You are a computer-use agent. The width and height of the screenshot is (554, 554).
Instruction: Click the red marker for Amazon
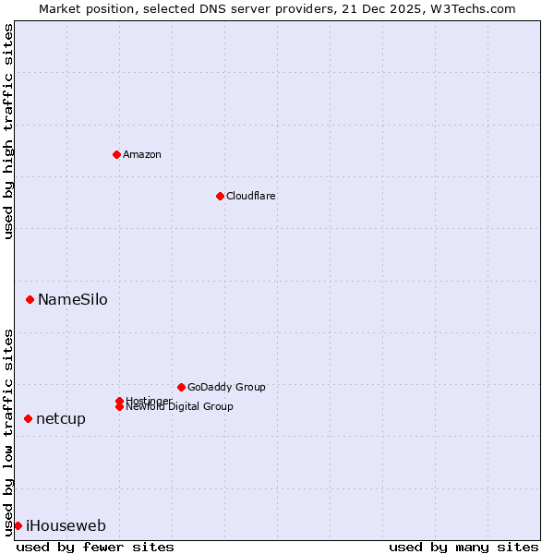click(116, 154)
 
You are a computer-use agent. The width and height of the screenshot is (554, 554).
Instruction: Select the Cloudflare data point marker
click(220, 196)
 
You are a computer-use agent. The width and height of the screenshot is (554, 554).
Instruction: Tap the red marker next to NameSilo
click(30, 299)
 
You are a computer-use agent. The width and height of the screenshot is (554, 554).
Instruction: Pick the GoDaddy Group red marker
click(181, 387)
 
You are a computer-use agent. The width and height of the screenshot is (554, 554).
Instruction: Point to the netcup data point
click(29, 418)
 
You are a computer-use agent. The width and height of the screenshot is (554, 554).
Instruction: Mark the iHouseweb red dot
click(18, 525)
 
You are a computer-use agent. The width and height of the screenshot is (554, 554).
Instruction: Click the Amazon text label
click(142, 154)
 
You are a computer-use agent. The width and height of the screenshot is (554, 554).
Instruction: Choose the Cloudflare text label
click(251, 196)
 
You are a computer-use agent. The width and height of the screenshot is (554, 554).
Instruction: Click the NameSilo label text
click(73, 299)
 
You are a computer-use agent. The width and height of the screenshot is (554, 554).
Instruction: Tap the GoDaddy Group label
click(226, 387)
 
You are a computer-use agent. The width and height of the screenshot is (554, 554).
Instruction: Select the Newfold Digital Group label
click(179, 407)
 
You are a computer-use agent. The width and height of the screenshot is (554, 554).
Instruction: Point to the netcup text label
click(61, 418)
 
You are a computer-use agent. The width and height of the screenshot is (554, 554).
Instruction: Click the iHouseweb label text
click(66, 526)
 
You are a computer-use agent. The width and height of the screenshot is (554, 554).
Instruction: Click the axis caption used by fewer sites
click(95, 547)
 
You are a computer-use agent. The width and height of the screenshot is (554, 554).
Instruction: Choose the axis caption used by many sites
click(464, 547)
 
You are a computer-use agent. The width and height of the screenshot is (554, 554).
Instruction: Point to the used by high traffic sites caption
click(8, 131)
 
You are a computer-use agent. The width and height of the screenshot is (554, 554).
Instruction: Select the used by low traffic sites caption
click(8, 431)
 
